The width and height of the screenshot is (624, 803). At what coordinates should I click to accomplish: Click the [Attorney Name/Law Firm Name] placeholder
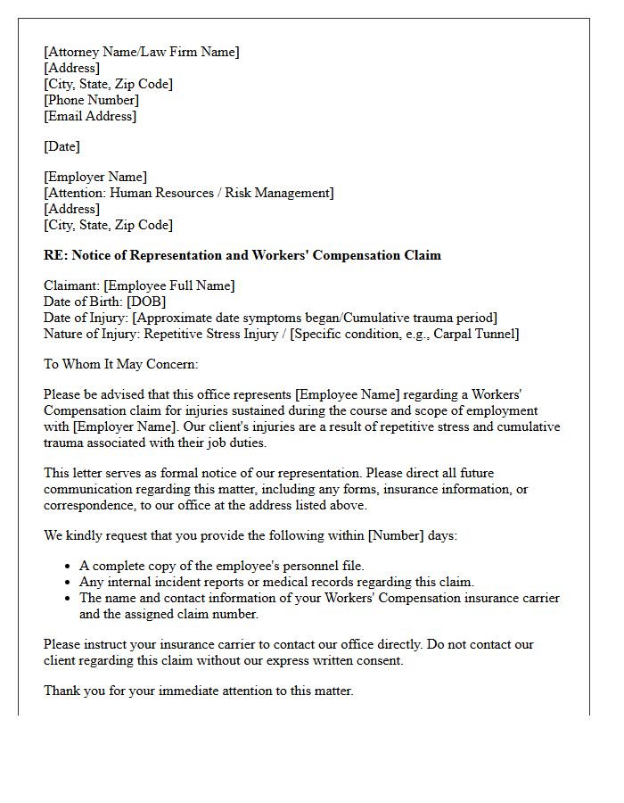(x=142, y=52)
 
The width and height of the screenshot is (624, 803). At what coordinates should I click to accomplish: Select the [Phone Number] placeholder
(x=92, y=100)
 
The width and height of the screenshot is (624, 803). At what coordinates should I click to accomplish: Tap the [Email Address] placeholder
(x=90, y=116)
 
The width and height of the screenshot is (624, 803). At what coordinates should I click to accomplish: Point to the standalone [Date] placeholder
(x=62, y=146)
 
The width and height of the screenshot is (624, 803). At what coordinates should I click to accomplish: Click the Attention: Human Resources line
(x=189, y=193)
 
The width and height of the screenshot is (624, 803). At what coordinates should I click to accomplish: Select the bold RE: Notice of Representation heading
(x=242, y=255)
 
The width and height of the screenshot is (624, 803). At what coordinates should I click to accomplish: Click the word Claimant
(x=71, y=286)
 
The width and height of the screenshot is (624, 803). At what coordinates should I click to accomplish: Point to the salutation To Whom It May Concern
(x=121, y=364)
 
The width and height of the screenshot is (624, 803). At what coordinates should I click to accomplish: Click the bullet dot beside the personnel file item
(x=69, y=567)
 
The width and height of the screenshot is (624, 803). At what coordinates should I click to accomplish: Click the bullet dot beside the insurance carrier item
(x=69, y=599)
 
